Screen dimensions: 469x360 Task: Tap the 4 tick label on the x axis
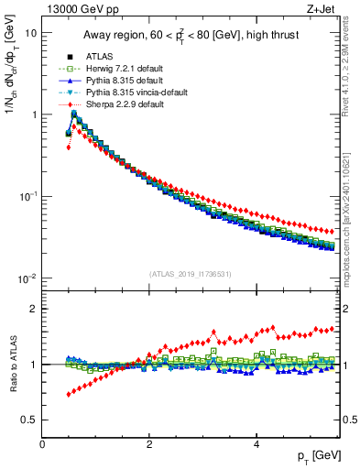(256, 444)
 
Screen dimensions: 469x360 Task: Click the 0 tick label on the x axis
(42, 444)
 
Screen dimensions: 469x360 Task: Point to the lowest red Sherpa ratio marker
(69, 395)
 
